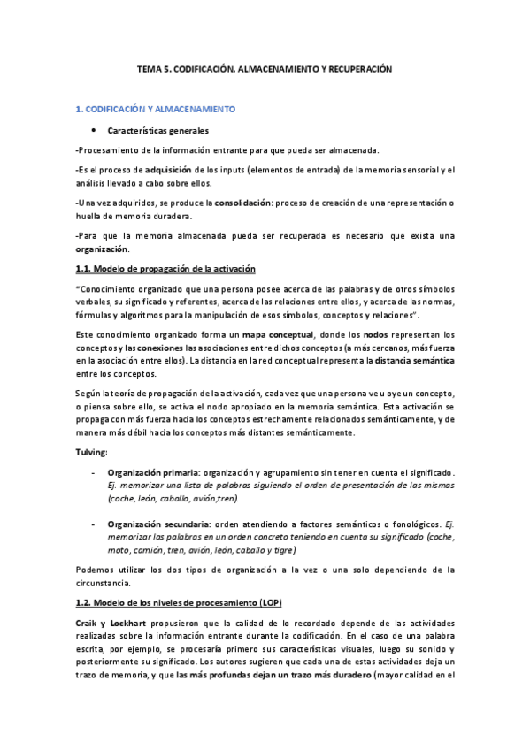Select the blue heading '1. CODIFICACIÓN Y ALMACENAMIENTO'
click(x=155, y=110)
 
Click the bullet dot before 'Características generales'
click(x=94, y=130)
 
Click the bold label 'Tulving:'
click(x=90, y=453)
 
